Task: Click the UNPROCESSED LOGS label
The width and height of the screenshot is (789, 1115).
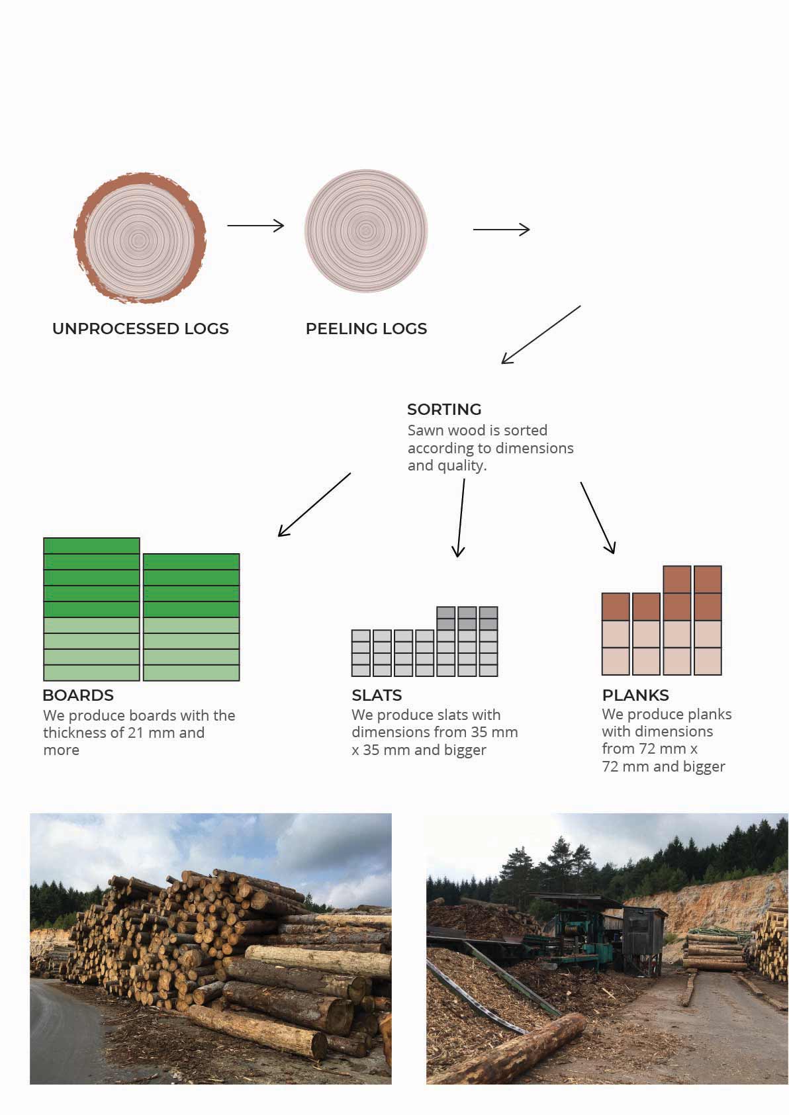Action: (x=140, y=329)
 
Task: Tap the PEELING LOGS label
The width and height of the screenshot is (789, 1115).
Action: (x=366, y=329)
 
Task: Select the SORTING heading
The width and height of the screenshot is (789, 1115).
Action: (x=444, y=410)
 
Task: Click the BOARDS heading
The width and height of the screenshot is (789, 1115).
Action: (x=78, y=695)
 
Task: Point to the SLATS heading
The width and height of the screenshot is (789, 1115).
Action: (x=377, y=695)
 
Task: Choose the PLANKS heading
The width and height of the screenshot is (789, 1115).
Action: (x=635, y=695)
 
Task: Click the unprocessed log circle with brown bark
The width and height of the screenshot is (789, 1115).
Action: (x=140, y=238)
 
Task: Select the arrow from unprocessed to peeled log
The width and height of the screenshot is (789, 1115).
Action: (x=255, y=226)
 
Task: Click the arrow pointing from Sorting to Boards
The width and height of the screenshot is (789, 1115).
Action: (x=314, y=504)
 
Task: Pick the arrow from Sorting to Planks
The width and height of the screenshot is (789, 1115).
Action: (x=598, y=517)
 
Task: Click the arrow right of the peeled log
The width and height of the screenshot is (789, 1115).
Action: (x=501, y=230)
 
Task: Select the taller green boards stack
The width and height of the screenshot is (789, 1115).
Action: (x=91, y=609)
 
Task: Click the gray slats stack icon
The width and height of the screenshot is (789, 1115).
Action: (x=424, y=642)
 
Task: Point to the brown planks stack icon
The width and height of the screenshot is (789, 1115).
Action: (x=661, y=621)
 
